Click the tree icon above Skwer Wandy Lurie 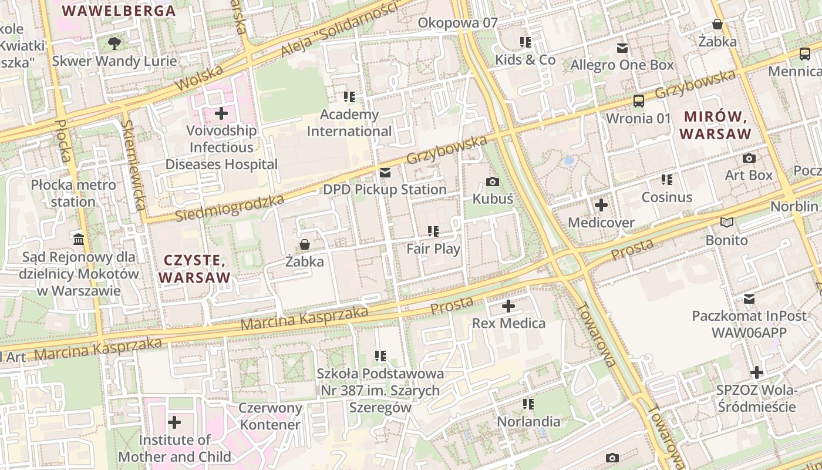coord(114,43)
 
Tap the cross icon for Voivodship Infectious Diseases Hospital coord(221,113)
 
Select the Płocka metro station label coord(73,193)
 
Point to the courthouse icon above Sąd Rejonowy coord(79,239)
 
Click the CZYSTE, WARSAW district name coord(194,268)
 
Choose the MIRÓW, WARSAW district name coord(716,125)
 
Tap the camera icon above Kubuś coord(493,182)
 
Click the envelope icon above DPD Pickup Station coord(385,173)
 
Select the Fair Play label coord(433,249)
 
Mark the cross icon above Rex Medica coord(508,306)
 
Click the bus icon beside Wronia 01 coord(638,100)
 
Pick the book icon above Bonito coord(727,223)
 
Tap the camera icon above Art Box coord(749,158)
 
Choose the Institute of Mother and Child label coord(174,448)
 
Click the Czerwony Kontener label coord(270,416)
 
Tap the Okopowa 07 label coord(457,23)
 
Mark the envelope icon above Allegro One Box coord(622,48)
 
